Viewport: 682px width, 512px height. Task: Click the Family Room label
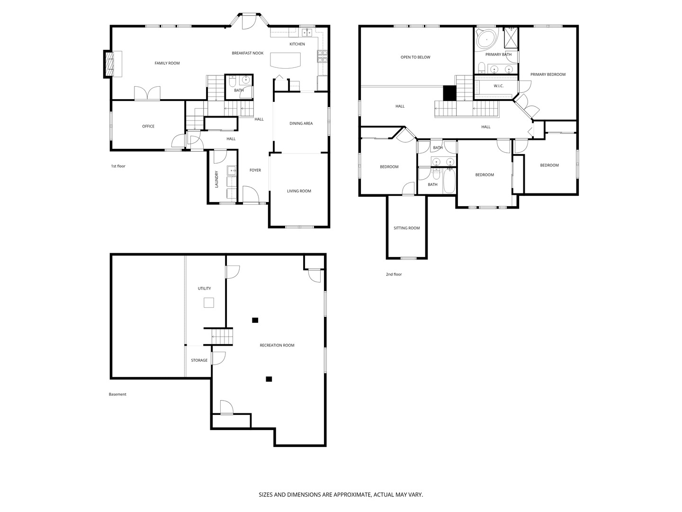pos(167,63)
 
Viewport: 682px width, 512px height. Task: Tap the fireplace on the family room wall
pos(110,64)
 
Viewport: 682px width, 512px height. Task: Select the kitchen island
pos(285,60)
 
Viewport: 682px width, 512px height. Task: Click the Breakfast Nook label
pos(248,53)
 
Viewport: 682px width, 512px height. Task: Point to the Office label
pos(148,126)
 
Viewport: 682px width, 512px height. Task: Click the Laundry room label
pos(216,179)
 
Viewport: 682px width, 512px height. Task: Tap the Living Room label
pos(299,191)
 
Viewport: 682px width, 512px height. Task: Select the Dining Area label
pos(301,123)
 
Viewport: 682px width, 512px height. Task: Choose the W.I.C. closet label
pos(498,86)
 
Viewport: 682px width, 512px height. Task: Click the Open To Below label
pos(415,57)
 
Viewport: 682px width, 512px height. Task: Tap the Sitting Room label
pos(406,228)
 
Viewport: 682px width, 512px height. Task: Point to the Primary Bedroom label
pos(547,74)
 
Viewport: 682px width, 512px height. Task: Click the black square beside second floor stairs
pos(449,93)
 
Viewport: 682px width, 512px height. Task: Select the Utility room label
pos(204,288)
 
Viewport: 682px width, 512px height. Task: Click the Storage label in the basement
pos(199,360)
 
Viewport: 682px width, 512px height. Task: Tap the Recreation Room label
pos(277,345)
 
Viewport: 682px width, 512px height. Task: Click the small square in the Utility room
pos(209,302)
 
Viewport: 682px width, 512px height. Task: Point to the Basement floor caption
pos(117,394)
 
